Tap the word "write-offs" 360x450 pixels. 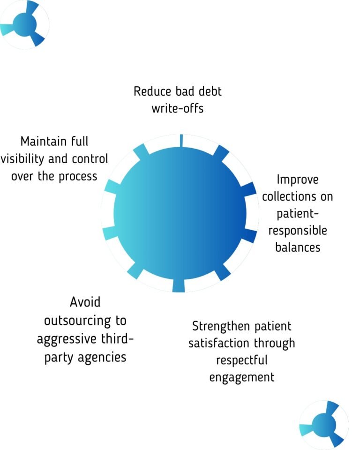(x=178, y=108)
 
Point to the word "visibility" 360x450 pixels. (x=22, y=158)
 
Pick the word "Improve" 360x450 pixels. (x=297, y=180)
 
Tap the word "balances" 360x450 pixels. (x=298, y=247)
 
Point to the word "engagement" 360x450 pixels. (x=242, y=377)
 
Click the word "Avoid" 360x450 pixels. (x=85, y=301)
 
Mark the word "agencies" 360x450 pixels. (x=102, y=357)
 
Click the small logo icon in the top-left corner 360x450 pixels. (x=24, y=23)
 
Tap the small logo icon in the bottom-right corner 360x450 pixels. (x=324, y=425)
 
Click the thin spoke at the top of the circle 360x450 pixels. (x=180, y=140)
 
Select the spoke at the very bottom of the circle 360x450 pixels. (x=178, y=285)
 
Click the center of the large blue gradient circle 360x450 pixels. (x=180, y=214)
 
